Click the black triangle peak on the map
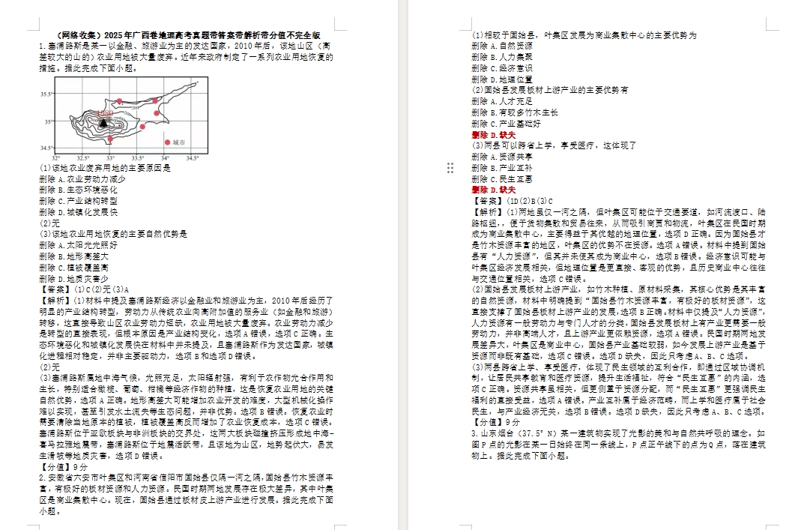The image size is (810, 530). (103, 121)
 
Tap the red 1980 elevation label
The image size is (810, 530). (104, 112)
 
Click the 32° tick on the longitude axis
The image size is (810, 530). (56, 157)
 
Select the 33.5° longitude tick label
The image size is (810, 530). (138, 157)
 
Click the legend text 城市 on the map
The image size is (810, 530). (178, 141)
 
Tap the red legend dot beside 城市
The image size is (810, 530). (167, 141)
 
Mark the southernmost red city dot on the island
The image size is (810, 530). (110, 139)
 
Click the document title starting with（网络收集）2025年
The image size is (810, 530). (187, 35)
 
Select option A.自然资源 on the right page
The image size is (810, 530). (504, 46)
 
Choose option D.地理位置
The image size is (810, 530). (504, 79)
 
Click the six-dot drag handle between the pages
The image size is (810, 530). (450, 168)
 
